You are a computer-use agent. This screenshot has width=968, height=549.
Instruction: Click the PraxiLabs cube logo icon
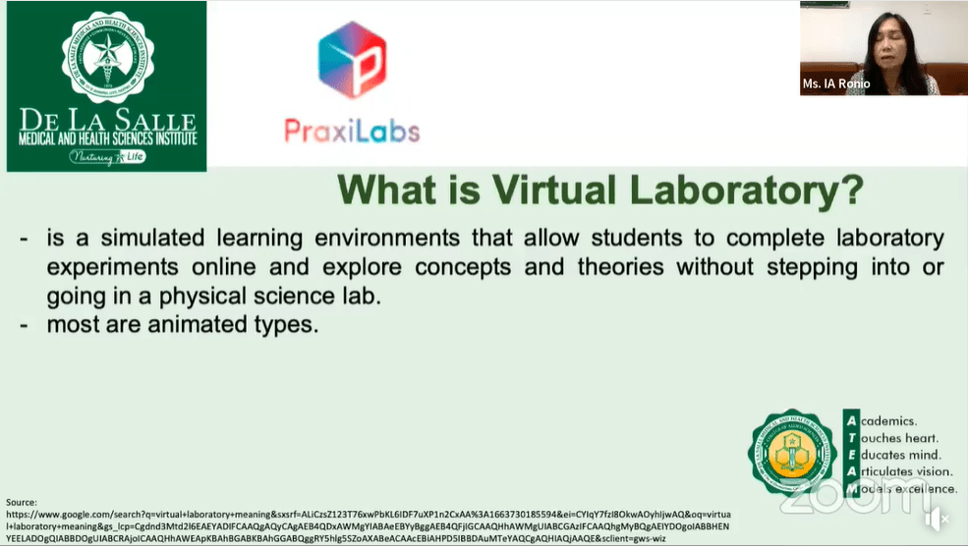(352, 61)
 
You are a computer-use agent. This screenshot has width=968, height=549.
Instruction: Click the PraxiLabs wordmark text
(352, 130)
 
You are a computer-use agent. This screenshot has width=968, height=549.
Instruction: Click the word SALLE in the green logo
(159, 123)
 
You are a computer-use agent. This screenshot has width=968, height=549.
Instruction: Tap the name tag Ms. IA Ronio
(836, 84)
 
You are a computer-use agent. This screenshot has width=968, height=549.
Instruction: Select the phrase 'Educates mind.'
(902, 455)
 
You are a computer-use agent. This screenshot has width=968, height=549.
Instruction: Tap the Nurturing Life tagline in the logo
(106, 156)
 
